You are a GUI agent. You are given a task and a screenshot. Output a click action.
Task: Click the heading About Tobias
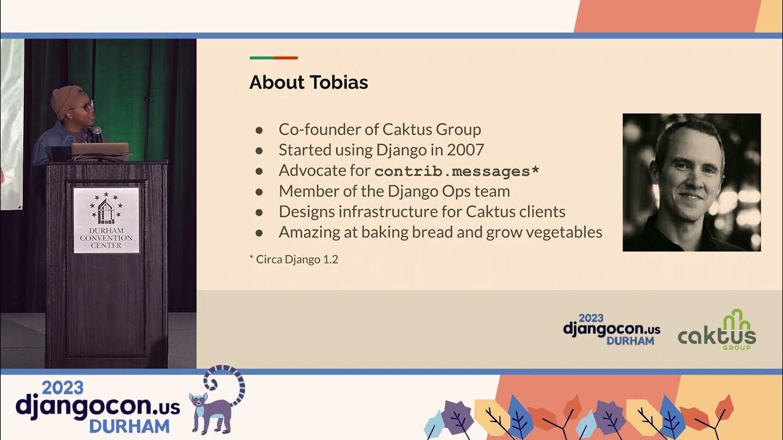point(308,82)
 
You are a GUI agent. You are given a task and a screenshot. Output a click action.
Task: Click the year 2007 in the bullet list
point(466,150)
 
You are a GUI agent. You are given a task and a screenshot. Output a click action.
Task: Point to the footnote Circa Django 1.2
point(294,259)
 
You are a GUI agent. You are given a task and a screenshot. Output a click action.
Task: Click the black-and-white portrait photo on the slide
point(691,182)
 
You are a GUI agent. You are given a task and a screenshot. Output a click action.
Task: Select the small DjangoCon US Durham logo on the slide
point(611,330)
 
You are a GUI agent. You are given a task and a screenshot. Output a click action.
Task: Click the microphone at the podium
point(96,132)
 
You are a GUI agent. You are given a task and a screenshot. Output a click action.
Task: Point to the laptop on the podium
point(100,150)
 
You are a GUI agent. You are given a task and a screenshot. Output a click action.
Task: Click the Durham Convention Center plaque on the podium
point(106,220)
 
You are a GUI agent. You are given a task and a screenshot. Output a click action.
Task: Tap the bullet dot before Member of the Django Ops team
point(259,192)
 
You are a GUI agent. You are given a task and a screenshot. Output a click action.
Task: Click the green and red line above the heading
point(273,58)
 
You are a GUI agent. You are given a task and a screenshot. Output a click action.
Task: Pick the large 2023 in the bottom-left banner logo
point(63,387)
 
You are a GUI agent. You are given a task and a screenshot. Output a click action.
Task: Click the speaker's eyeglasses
point(86,106)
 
